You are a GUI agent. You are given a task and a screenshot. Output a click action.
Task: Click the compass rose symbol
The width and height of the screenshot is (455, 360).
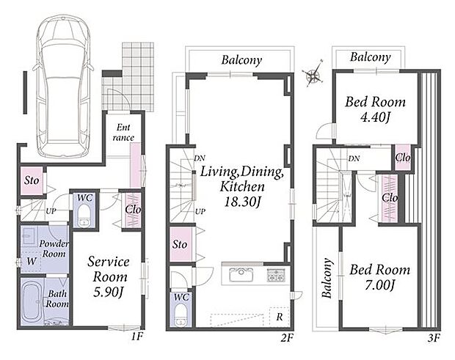(313, 73)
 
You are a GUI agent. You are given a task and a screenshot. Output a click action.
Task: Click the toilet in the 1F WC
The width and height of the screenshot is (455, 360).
(84, 216)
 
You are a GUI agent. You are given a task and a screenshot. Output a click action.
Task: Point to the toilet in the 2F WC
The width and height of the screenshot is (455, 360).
(182, 315)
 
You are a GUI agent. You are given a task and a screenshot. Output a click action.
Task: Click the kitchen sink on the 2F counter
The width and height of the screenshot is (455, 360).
(241, 275)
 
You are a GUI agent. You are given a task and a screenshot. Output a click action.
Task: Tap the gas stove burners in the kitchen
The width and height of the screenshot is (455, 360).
(276, 276)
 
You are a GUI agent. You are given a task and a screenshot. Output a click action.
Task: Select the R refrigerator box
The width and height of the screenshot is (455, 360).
(279, 317)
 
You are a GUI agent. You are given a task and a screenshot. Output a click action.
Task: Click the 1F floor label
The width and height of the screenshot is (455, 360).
(136, 337)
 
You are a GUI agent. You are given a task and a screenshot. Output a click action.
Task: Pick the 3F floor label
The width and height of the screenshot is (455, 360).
(434, 338)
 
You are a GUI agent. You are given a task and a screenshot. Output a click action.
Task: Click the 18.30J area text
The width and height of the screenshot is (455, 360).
(241, 202)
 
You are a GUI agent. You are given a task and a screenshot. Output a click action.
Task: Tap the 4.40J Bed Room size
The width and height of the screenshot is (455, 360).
(375, 117)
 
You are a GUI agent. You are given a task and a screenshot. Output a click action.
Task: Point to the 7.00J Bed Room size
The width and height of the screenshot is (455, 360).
(379, 285)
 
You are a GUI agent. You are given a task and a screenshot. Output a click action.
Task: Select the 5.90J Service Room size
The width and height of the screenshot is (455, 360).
(109, 292)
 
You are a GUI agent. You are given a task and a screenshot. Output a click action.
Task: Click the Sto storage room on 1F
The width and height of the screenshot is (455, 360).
(32, 180)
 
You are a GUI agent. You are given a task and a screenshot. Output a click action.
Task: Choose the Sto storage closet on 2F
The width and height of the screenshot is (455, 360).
(180, 244)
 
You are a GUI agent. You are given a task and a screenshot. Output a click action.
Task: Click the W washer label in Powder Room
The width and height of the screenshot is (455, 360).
(32, 261)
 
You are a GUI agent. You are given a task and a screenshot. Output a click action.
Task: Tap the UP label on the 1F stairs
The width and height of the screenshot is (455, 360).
(51, 211)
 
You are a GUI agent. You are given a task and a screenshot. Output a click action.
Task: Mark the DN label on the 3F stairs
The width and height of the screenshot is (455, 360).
(354, 158)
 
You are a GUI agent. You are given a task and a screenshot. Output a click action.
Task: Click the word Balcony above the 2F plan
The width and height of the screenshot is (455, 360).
(241, 60)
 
